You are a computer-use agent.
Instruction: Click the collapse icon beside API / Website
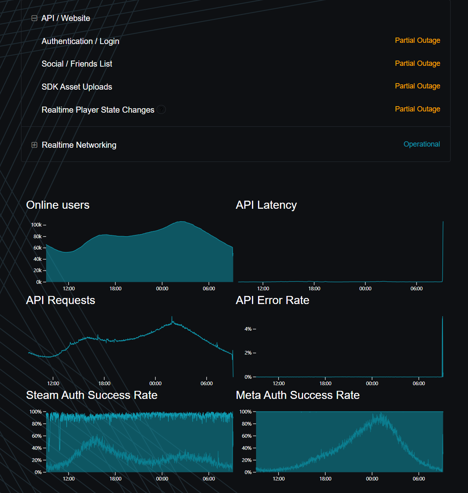[x=34, y=18]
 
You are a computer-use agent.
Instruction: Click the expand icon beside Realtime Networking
[x=34, y=145]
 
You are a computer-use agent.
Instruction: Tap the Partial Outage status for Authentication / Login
[x=417, y=40]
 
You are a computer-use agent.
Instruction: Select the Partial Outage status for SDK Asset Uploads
[x=417, y=86]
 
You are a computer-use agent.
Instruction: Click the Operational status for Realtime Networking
[x=421, y=144]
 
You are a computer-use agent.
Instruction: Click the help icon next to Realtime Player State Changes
[x=161, y=109]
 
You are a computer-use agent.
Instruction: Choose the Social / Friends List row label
[x=77, y=64]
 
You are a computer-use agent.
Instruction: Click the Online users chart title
[x=58, y=205]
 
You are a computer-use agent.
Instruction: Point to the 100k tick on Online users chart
[x=38, y=224]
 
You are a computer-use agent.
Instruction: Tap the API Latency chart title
[x=266, y=205]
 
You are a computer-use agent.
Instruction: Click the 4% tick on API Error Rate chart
[x=250, y=329]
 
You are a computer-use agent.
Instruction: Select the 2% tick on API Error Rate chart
[x=250, y=353]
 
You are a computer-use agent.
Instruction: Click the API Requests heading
[x=61, y=300]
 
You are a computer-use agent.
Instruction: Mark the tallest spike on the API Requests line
[x=172, y=317]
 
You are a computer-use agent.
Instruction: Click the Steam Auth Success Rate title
[x=92, y=395]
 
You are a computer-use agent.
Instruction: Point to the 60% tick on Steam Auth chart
[x=39, y=436]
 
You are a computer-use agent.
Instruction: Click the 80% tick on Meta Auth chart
[x=249, y=424]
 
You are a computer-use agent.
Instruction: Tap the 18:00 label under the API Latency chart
[x=314, y=288]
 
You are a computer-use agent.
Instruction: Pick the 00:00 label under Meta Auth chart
[x=372, y=479]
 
